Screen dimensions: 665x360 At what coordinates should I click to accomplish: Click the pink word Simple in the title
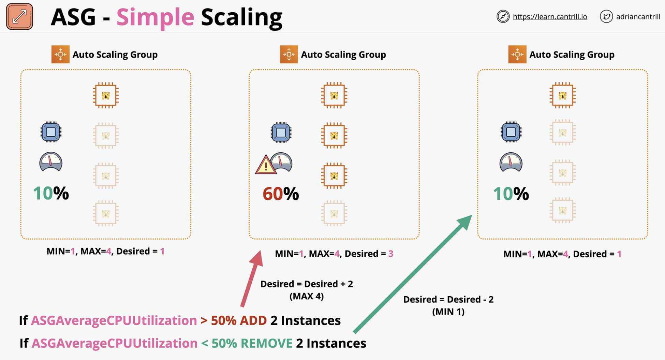(155, 17)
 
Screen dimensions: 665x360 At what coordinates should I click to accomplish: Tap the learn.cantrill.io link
(550, 17)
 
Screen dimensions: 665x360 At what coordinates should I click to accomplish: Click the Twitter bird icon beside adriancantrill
(606, 16)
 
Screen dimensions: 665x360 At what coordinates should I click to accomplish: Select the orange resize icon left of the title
(19, 16)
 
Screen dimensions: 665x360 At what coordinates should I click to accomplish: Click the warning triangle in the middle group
(266, 165)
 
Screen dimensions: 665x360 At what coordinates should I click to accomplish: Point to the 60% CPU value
(281, 194)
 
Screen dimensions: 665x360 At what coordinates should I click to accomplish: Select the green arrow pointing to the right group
(413, 274)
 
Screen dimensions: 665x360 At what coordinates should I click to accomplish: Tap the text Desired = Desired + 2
(307, 284)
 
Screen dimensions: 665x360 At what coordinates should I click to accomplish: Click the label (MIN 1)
(448, 312)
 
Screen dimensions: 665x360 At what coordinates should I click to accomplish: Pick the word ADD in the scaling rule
(253, 320)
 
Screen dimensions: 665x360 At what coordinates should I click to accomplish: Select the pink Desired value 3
(391, 254)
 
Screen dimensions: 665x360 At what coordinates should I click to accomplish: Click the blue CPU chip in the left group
(51, 132)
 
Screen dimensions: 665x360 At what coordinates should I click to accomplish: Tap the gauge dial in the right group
(511, 162)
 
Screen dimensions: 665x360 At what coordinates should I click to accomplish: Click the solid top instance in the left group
(106, 95)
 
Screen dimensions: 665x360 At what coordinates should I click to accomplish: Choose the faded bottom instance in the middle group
(334, 214)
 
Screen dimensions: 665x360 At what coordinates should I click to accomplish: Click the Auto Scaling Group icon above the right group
(517, 54)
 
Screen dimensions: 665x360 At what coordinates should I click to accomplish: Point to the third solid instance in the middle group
(334, 176)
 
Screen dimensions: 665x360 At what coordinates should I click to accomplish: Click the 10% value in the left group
(51, 193)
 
